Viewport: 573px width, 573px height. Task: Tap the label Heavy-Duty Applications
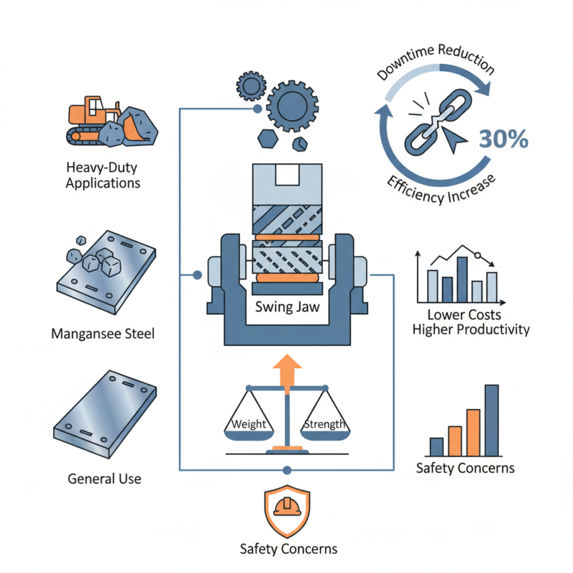[x=102, y=175]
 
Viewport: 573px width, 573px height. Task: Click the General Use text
[x=104, y=478]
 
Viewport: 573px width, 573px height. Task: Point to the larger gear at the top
[x=294, y=103]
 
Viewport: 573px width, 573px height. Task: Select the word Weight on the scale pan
[x=249, y=424]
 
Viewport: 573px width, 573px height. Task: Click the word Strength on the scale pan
[x=324, y=424]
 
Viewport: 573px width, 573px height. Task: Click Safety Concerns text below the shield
[x=288, y=549]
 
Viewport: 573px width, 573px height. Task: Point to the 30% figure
[x=504, y=139]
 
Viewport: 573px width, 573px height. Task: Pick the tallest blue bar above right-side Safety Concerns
[x=491, y=420]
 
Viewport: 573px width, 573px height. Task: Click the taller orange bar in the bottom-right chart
[x=473, y=432]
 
